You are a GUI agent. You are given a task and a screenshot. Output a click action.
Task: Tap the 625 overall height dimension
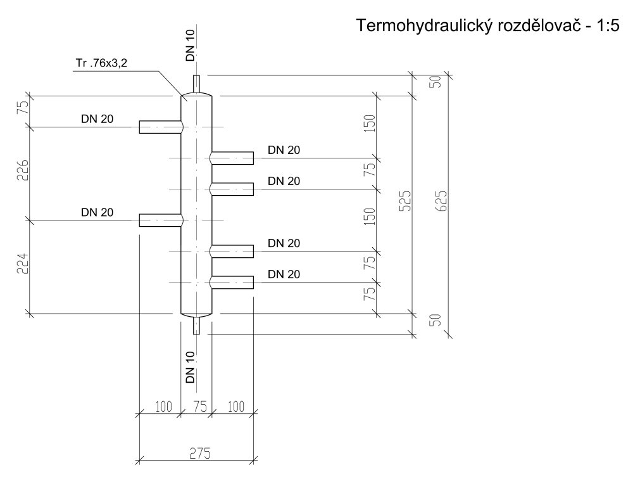tap(442, 201)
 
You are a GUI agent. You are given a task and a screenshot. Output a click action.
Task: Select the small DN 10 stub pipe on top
tap(196, 84)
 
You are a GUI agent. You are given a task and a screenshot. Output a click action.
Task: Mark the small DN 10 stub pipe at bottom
tap(196, 324)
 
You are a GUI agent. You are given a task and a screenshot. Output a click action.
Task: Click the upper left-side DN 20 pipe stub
tap(160, 127)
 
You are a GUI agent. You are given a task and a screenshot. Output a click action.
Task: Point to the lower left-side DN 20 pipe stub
tap(160, 220)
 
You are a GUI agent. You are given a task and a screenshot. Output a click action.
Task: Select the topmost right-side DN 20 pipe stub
tap(232, 157)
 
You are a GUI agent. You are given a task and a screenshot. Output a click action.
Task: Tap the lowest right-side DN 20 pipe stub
tap(232, 282)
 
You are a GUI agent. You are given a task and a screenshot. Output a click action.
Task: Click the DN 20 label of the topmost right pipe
tap(284, 150)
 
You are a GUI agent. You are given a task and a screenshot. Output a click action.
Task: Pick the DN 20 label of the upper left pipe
tap(97, 118)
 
